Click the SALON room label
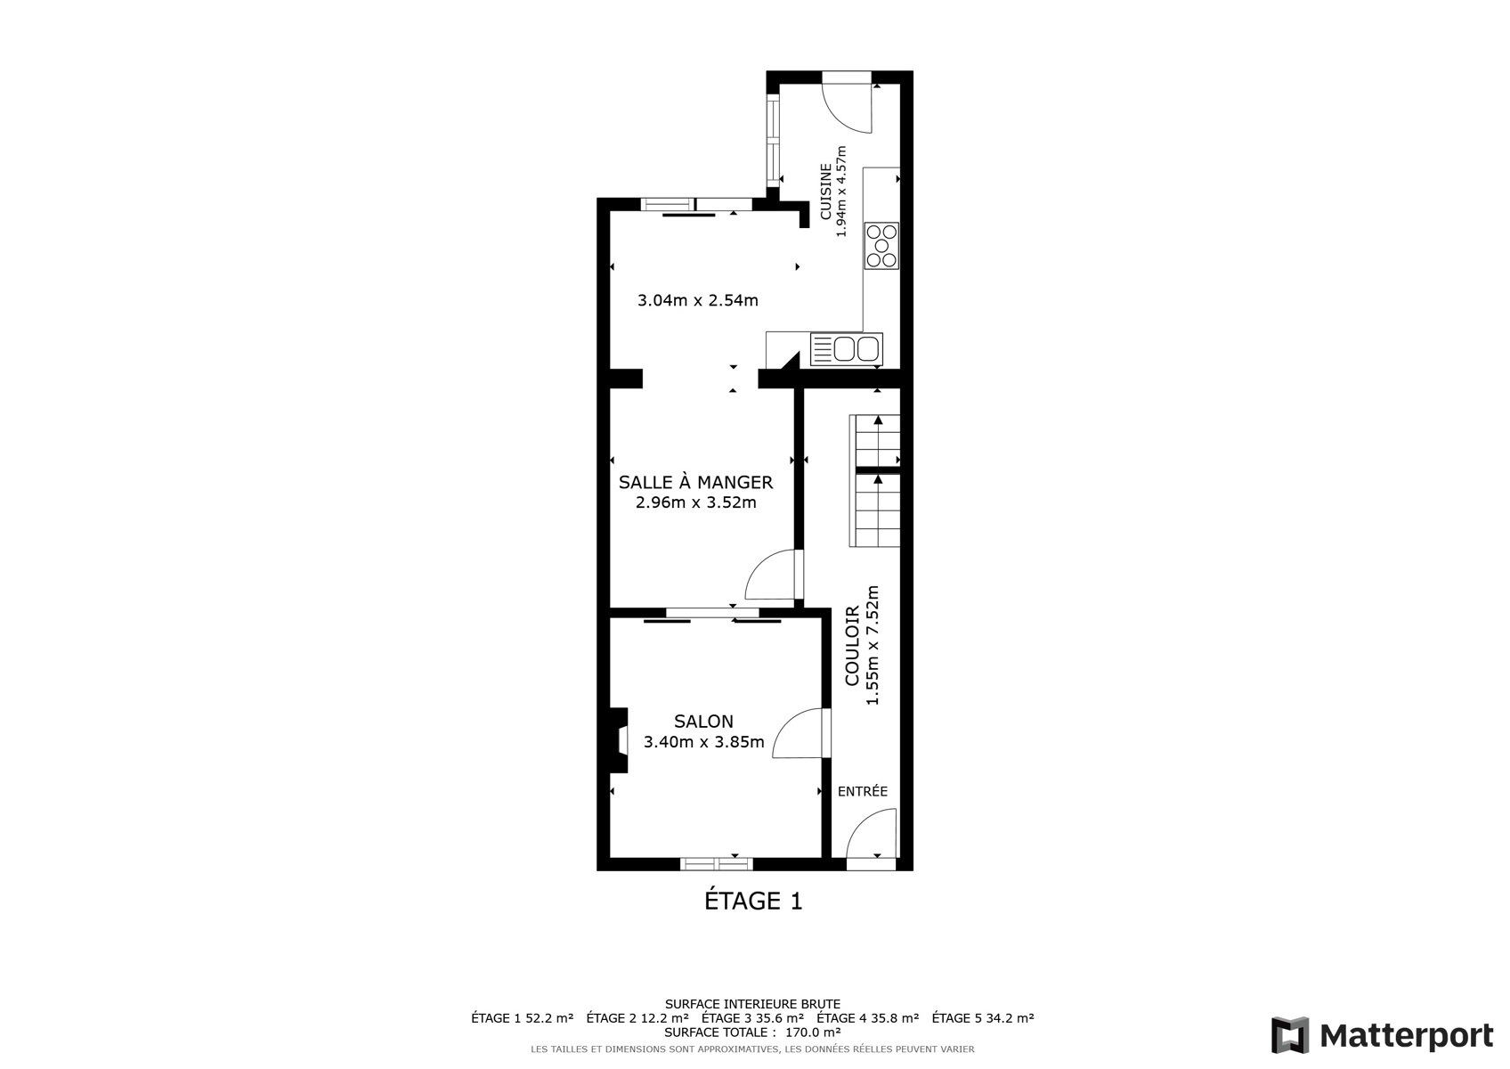pos(703,721)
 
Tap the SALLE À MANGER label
pos(695,482)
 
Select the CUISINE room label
pos(826,192)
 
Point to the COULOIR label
pos(852,646)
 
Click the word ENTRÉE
pos(862,791)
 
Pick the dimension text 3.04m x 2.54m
pos(698,300)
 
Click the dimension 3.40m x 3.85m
pos(703,743)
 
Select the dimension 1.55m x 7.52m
pos(873,646)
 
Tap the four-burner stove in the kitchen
pos(881,246)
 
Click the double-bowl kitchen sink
pos(847,348)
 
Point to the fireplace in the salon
pos(619,739)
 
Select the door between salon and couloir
pos(801,733)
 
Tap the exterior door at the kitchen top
pos(848,102)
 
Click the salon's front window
pos(716,864)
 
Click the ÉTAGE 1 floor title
pos(753,901)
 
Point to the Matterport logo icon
pos(1290,1035)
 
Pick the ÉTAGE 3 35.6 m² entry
pos(752,1017)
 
